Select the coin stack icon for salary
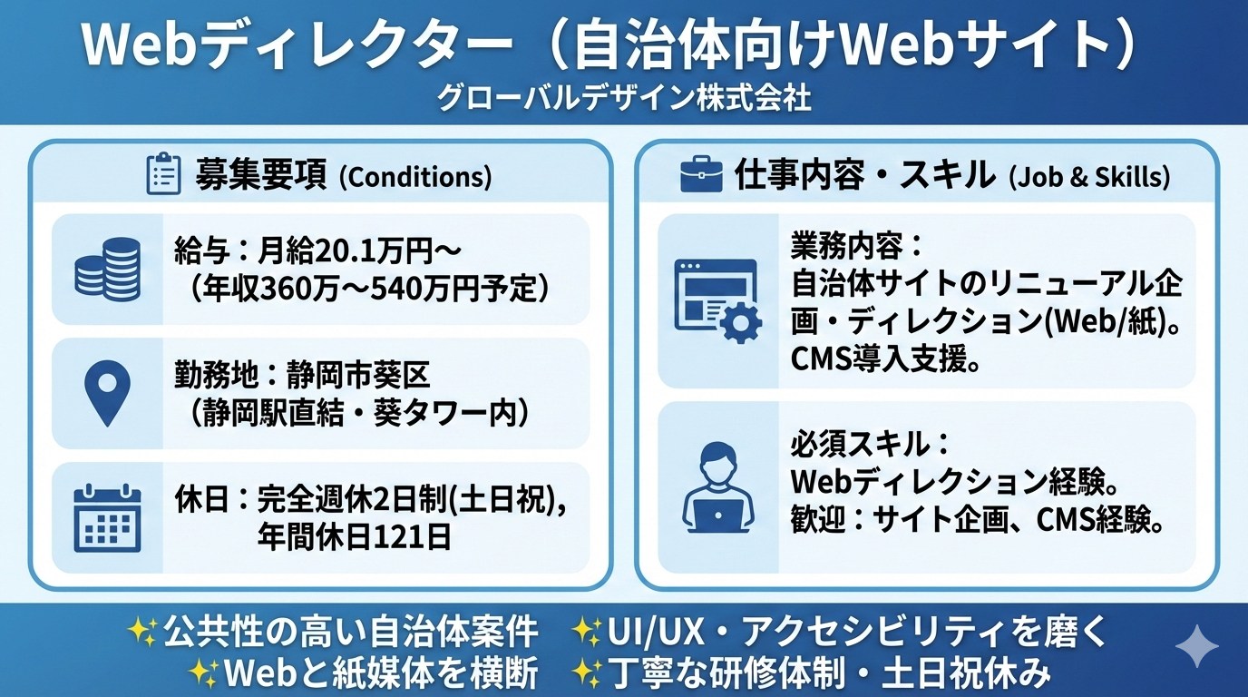pyautogui.click(x=108, y=270)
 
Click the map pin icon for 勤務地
pyautogui.click(x=108, y=393)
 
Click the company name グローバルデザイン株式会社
pyautogui.click(x=623, y=98)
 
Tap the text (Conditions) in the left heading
pyautogui.click(x=415, y=177)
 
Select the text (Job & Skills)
pyautogui.click(x=1089, y=177)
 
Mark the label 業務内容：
pyautogui.click(x=858, y=247)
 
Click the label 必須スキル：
pyautogui.click(x=870, y=445)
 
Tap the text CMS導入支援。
pyautogui.click(x=886, y=360)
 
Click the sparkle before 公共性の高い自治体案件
pyautogui.click(x=143, y=632)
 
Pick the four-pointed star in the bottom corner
pyautogui.click(x=1196, y=646)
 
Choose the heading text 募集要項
pyautogui.click(x=260, y=175)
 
